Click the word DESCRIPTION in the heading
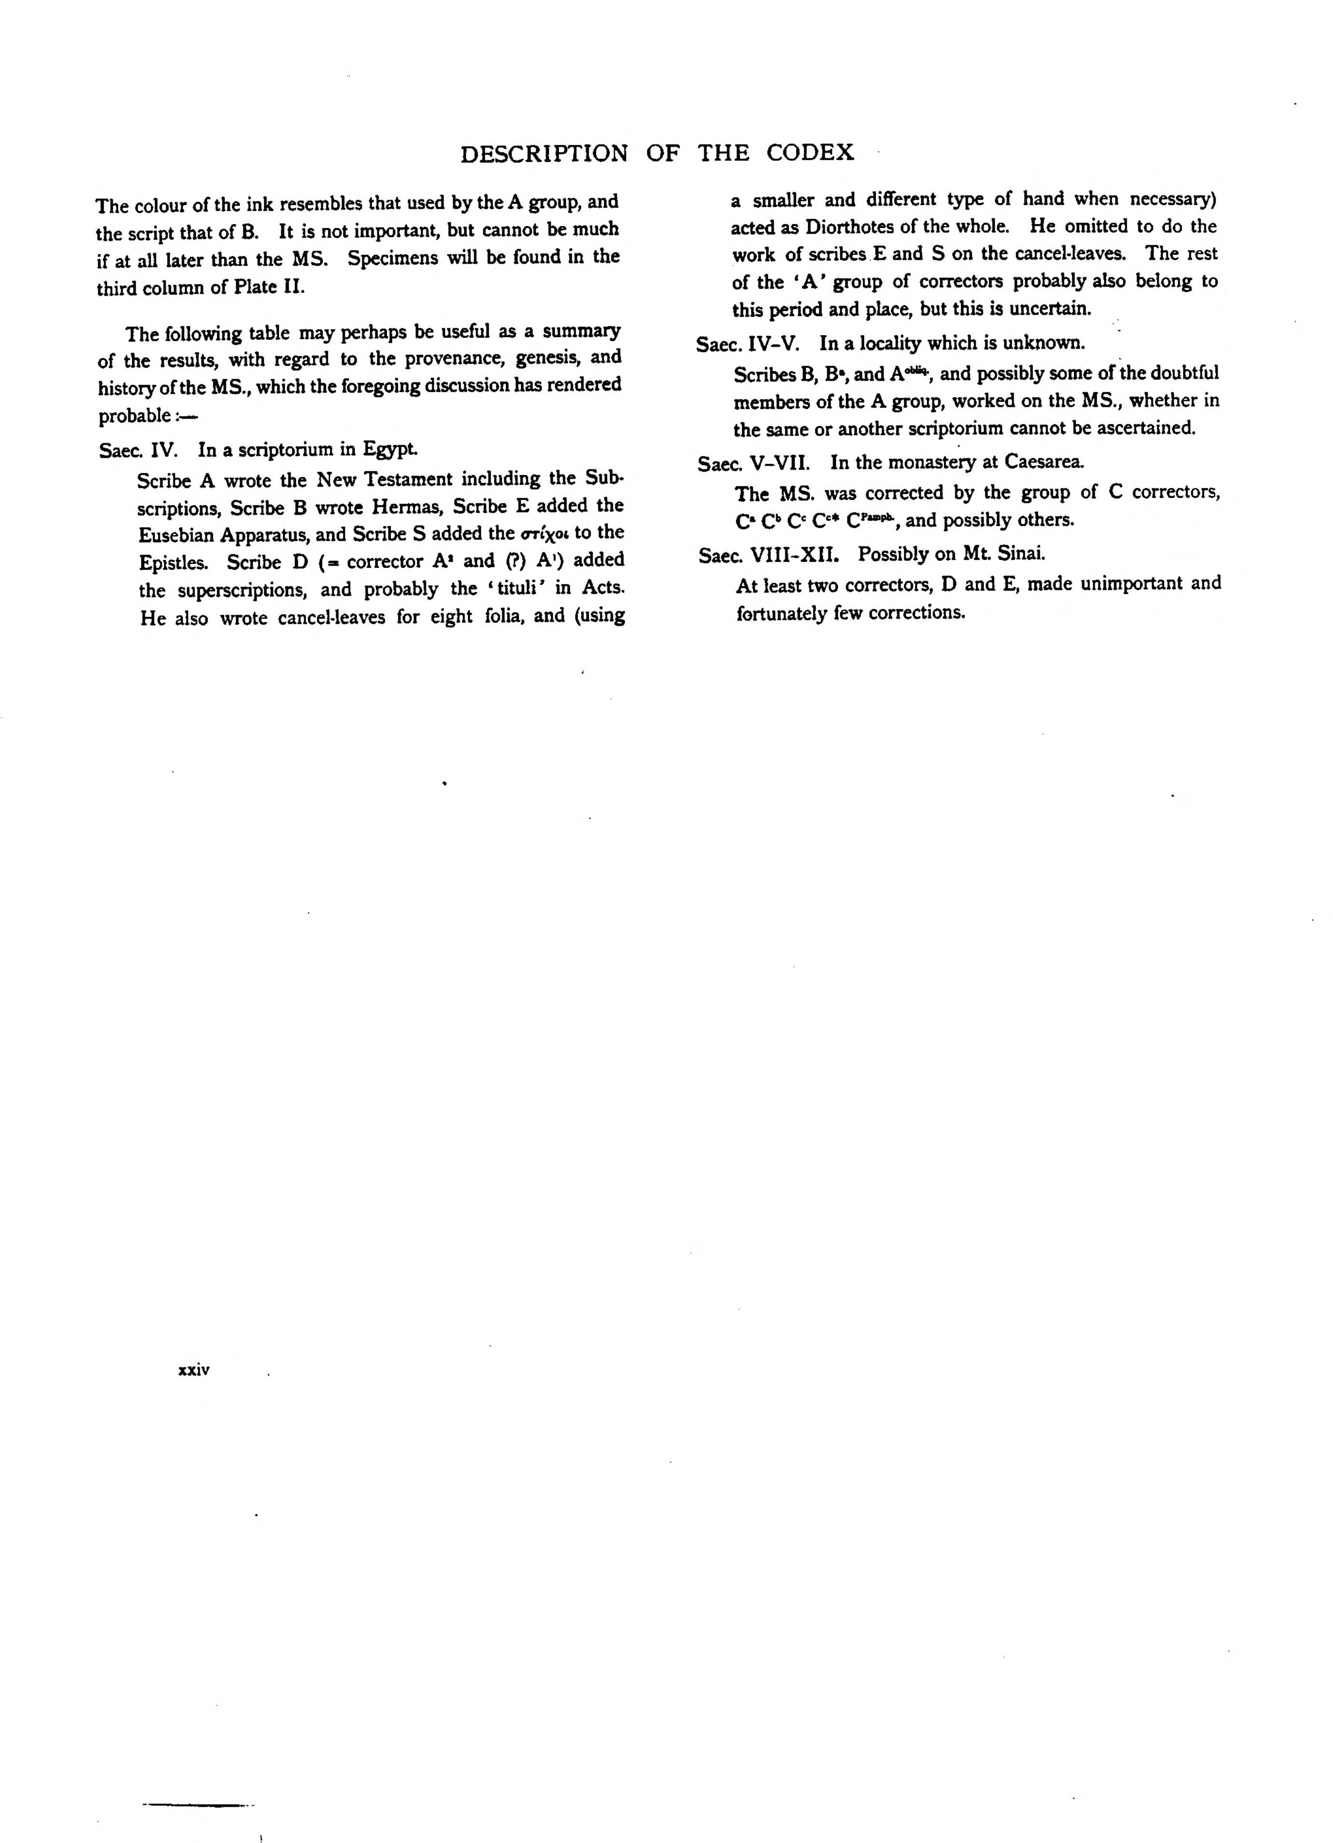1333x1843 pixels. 544,154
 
